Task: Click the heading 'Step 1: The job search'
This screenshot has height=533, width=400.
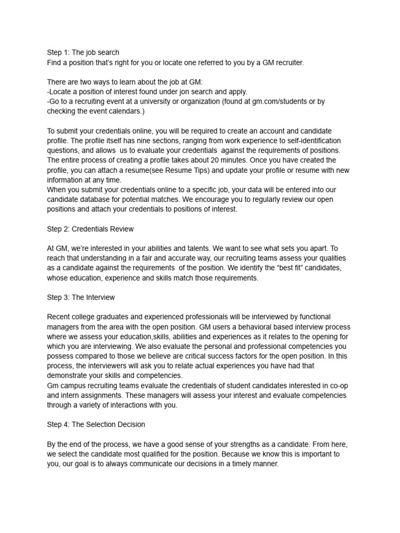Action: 83,53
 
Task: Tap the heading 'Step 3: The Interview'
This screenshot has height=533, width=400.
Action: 81,297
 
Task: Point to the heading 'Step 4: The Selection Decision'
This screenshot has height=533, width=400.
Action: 96,424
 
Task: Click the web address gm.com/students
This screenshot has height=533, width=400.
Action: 279,101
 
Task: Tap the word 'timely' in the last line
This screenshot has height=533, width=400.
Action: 238,464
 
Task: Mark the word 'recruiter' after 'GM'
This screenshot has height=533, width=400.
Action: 287,62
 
